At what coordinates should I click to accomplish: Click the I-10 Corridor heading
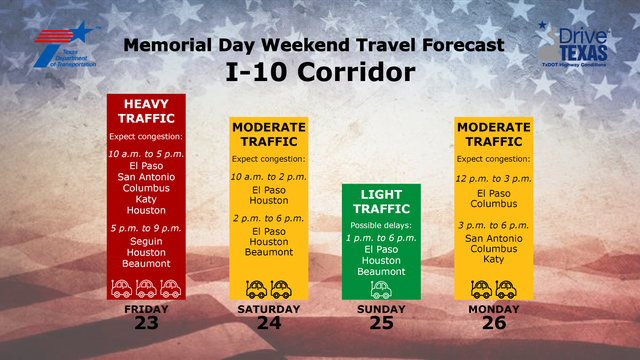pyautogui.click(x=319, y=72)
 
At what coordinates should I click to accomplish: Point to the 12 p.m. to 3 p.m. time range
pyautogui.click(x=494, y=178)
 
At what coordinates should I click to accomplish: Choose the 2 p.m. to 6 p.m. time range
pyautogui.click(x=268, y=217)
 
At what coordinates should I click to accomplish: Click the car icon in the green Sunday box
pyautogui.click(x=379, y=288)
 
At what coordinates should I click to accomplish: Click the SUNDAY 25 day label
pyautogui.click(x=379, y=316)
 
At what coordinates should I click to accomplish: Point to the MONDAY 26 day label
pyautogui.click(x=494, y=316)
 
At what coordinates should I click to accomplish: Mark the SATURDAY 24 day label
pyautogui.click(x=268, y=316)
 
